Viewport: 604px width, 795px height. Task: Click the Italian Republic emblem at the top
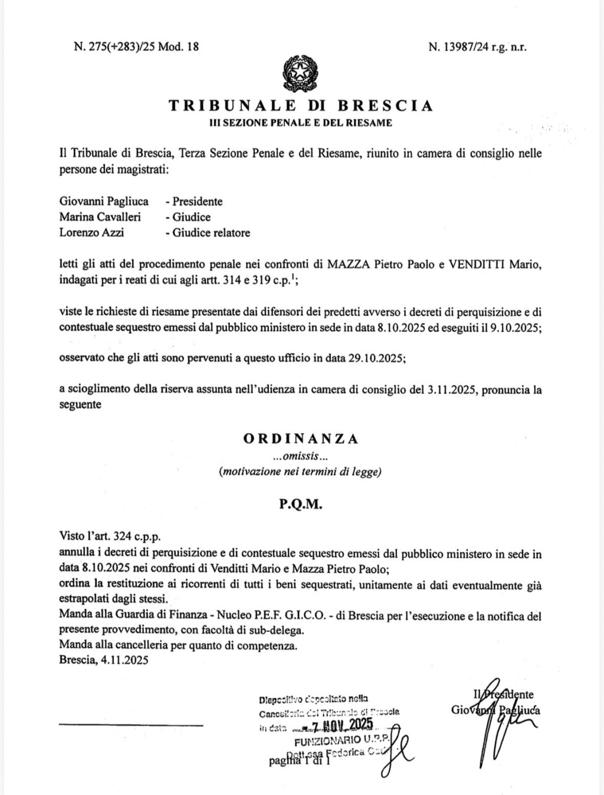click(301, 74)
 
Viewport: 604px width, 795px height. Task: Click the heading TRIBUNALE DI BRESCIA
click(301, 106)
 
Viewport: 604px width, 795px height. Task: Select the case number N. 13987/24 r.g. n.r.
click(477, 47)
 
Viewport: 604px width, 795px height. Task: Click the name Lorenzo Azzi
click(91, 233)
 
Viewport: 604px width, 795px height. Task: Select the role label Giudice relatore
click(211, 233)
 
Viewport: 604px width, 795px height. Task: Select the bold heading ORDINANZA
click(301, 439)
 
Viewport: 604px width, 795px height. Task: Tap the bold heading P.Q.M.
click(301, 505)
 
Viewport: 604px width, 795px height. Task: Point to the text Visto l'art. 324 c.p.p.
click(110, 538)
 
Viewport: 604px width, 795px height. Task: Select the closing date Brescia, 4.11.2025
click(104, 660)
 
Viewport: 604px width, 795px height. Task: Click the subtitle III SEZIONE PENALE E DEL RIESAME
click(301, 123)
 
